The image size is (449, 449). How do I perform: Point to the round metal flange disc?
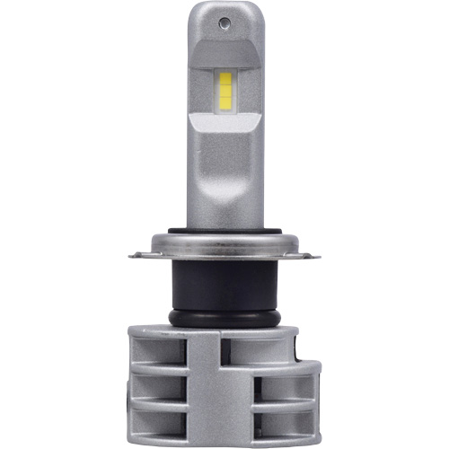224,247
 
